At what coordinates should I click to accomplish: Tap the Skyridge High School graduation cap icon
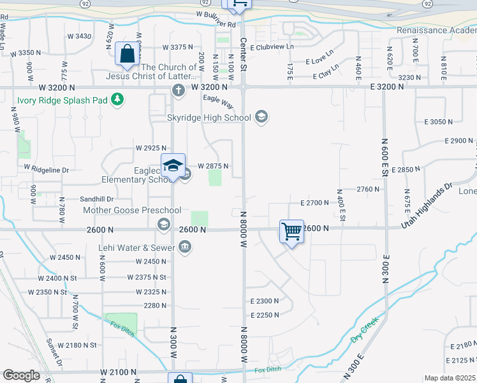coord(261,117)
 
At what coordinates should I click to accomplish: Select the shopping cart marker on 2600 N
coord(292,232)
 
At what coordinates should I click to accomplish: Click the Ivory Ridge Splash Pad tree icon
coord(117,99)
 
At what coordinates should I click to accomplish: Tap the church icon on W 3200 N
coord(178,89)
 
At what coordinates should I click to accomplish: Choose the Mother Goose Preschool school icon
coord(163,223)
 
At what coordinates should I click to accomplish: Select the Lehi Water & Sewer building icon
coord(185,246)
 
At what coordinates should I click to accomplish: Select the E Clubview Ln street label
coord(272,47)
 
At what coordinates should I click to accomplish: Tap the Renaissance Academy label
coord(436,30)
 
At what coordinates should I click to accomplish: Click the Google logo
coord(20,375)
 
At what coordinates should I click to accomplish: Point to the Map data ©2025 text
coord(450,378)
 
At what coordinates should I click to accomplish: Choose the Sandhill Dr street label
coord(96,199)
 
